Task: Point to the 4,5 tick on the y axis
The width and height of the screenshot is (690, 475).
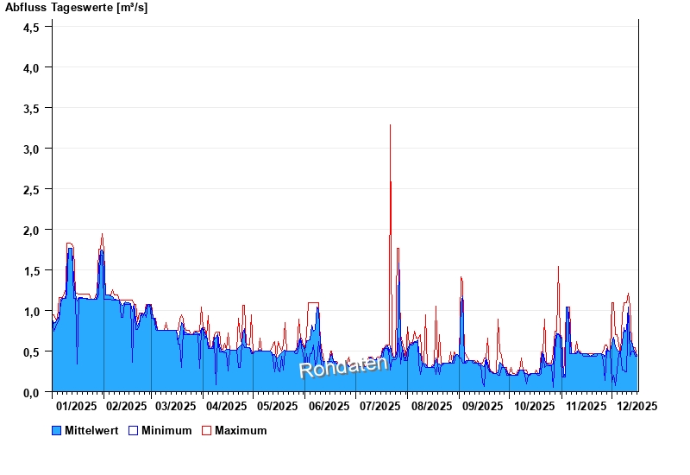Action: coord(32,27)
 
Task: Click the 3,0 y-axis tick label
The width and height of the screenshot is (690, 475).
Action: coord(32,149)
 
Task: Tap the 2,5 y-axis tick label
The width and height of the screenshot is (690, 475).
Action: coord(32,189)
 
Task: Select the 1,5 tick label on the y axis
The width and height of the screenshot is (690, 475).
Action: coord(32,270)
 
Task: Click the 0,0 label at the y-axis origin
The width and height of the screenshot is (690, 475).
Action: coord(32,392)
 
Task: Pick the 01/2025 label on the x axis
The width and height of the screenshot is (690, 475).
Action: coord(76,405)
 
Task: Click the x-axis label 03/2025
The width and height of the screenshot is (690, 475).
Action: coord(176,405)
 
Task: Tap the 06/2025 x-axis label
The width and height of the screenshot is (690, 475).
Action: coord(329,405)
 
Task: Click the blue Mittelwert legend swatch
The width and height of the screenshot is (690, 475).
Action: coord(57,430)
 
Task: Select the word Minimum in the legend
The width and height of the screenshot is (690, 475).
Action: coord(166,430)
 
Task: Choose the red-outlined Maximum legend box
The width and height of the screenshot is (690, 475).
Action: coord(206,430)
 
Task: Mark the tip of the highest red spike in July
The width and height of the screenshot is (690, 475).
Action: coord(391,125)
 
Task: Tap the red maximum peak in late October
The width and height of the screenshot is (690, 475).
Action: coord(558,267)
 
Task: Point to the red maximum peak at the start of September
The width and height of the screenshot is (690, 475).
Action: coord(461,277)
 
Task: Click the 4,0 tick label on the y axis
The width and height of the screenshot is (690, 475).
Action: coord(32,67)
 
